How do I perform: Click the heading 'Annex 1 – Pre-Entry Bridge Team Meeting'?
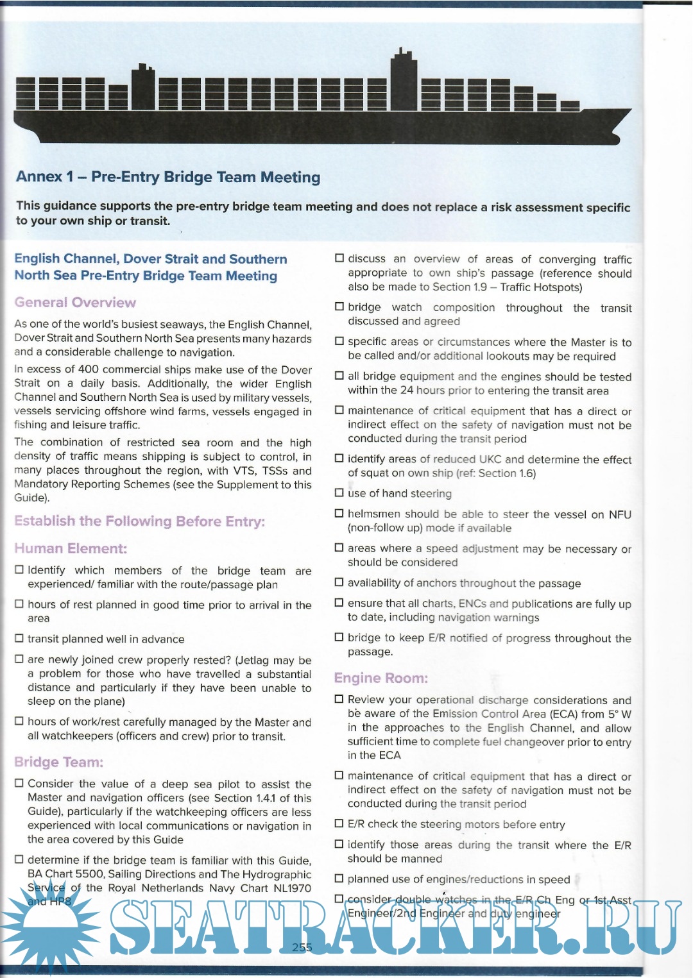(168, 177)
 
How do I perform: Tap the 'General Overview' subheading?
(75, 302)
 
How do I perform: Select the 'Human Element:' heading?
(71, 548)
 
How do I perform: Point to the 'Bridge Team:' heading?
(58, 762)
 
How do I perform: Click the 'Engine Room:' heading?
(381, 678)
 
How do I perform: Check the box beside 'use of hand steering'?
(339, 493)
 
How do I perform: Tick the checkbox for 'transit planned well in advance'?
(19, 639)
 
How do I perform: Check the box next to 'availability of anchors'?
(339, 582)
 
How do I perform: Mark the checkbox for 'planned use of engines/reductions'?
(339, 879)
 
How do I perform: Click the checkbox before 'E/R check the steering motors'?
(339, 824)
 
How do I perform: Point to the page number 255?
(302, 947)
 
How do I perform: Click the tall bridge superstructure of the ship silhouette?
(404, 80)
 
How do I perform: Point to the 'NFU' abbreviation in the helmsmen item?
(620, 514)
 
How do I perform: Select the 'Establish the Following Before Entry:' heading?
(139, 521)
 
